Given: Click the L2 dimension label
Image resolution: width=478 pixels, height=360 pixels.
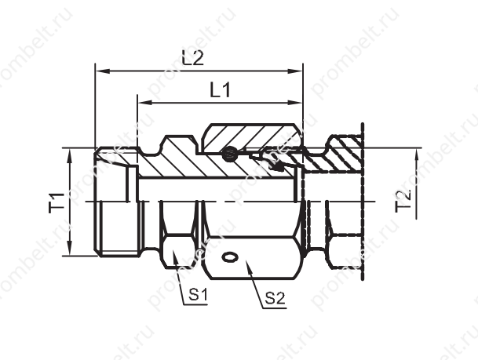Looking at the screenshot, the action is point(192,58).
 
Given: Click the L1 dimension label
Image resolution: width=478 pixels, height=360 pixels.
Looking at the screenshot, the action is point(221,90).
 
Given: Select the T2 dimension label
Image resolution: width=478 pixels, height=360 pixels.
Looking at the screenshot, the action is point(403,201).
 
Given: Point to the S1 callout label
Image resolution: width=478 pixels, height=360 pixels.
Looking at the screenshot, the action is point(198,295).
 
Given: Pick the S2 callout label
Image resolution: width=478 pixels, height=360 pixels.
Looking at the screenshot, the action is point(275,298).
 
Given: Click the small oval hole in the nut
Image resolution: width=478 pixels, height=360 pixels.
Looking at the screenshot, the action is point(230,256).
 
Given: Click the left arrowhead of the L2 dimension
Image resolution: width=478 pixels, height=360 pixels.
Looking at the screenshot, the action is point(102,71).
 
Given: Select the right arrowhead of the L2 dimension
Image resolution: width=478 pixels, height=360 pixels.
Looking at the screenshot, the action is point(295,71).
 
